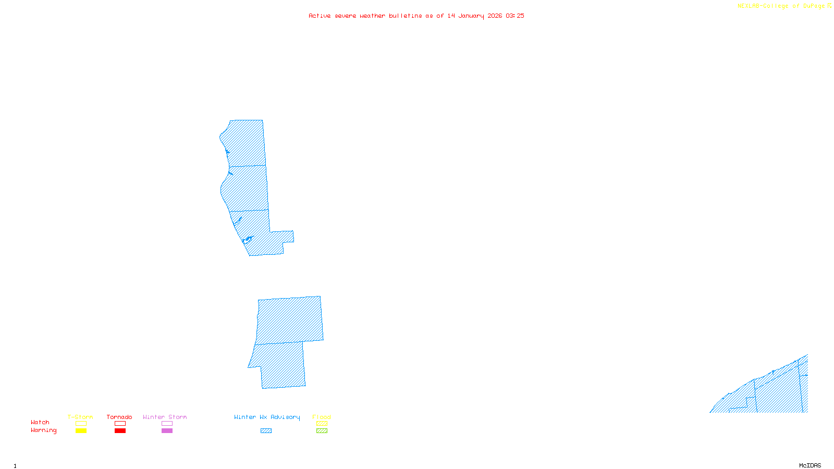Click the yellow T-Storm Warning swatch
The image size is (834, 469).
tap(81, 431)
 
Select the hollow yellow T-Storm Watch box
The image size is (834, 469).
tap(81, 424)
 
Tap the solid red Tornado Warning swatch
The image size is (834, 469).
tap(120, 431)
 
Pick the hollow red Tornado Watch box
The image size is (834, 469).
tap(120, 424)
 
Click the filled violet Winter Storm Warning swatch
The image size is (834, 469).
tap(167, 431)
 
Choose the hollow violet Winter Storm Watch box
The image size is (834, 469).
tap(167, 424)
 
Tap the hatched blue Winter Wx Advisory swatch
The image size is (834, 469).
tap(266, 431)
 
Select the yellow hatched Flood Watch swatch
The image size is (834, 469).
tap(322, 424)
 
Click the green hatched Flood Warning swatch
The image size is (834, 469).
tap(322, 431)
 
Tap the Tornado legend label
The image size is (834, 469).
tap(119, 417)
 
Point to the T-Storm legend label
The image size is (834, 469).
tap(80, 417)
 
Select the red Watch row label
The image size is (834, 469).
tap(40, 423)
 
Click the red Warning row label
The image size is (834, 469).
tap(44, 430)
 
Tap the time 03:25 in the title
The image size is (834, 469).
tap(515, 16)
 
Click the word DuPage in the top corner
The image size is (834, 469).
tap(814, 6)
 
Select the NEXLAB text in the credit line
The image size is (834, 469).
tap(749, 6)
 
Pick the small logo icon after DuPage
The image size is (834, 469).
tap(829, 6)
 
